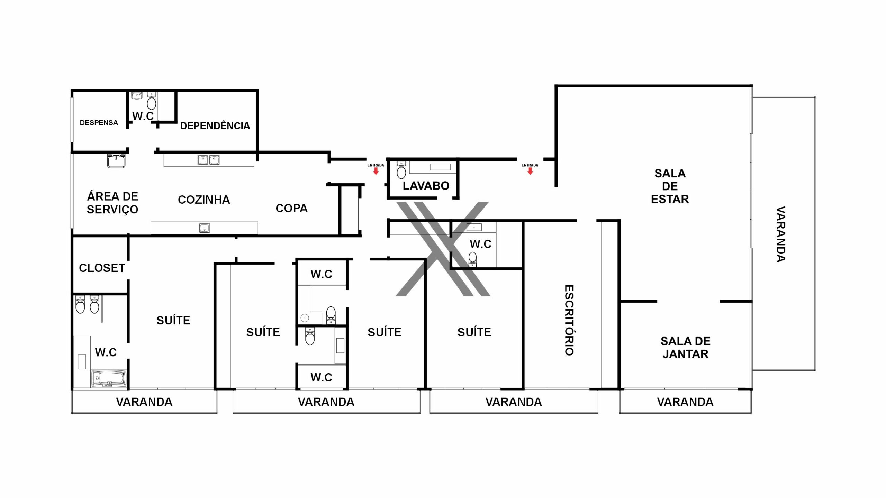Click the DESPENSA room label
tap(99, 123)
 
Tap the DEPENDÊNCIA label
tap(215, 126)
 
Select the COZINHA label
tap(204, 200)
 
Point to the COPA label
tap(291, 208)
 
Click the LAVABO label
tap(426, 186)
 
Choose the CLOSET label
tap(102, 268)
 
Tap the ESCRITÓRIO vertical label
tap(569, 320)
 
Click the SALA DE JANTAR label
tap(685, 348)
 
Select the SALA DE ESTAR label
tap(670, 186)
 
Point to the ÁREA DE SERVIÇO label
tap(112, 203)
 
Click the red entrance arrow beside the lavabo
tap(376, 171)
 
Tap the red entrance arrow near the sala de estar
tap(530, 171)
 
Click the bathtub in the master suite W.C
tap(109, 379)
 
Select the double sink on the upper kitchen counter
tap(208, 160)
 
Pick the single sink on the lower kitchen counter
tap(204, 228)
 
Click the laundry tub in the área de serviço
tap(116, 161)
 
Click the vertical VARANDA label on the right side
tap(781, 234)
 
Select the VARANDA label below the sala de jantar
tap(685, 402)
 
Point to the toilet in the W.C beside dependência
tap(152, 101)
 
